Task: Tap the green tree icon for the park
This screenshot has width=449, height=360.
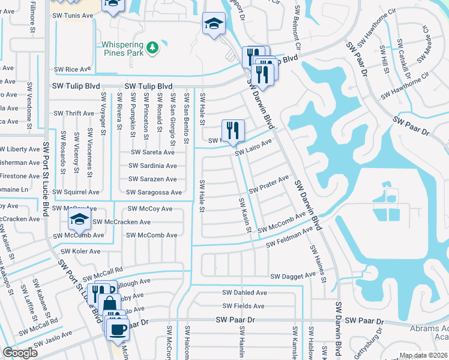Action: coord(153,46)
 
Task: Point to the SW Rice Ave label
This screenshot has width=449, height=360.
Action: coord(76,70)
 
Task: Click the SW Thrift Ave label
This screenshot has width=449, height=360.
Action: coord(74,113)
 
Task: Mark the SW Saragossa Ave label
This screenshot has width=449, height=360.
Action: coord(154,193)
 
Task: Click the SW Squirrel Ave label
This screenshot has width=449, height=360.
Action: coord(76,193)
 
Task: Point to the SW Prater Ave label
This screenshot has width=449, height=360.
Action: coord(269,183)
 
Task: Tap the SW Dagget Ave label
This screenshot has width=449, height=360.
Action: coord(293,276)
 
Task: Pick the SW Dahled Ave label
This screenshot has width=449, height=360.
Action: coord(245,293)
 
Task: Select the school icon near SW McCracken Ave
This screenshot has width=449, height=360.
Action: coord(79,220)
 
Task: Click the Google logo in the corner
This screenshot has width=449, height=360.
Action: coord(20,353)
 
